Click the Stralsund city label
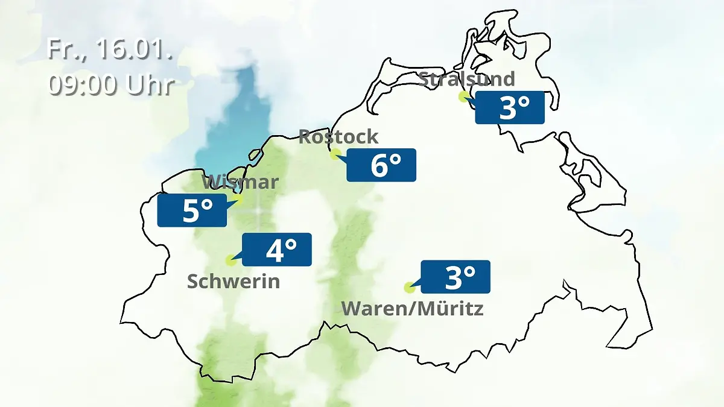466,79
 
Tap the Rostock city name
338,136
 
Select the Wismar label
240,181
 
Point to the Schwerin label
233,281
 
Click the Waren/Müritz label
413,309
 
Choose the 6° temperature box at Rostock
381,165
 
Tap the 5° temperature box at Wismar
192,210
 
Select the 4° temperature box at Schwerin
277,250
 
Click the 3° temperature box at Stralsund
510,108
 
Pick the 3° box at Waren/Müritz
456,277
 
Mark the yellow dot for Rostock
335,154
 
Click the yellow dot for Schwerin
230,260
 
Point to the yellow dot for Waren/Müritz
409,288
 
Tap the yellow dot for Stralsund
463,96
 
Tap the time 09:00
83,85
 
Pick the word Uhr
150,85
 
